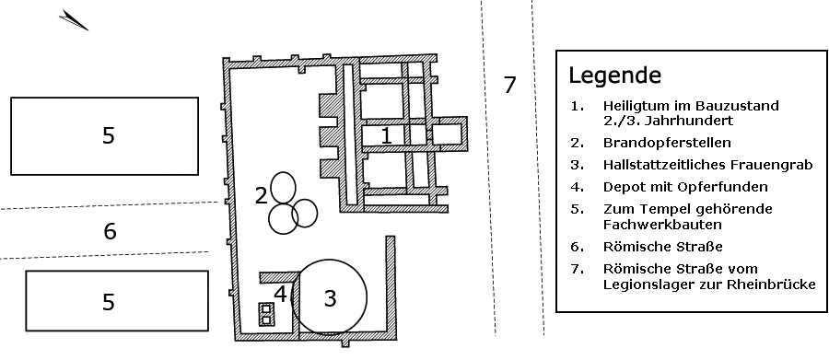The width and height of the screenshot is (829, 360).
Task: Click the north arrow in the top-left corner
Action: point(74,20)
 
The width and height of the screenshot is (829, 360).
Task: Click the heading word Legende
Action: point(615,76)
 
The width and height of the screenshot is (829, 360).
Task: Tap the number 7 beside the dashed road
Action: point(509,85)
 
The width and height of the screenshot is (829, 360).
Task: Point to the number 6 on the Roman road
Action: point(110,231)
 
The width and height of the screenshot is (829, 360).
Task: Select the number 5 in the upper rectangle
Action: point(108,136)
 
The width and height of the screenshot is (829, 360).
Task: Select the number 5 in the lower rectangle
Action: point(108,302)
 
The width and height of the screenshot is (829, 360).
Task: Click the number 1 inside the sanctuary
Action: point(387,135)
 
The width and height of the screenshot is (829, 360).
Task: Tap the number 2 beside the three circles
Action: point(262,195)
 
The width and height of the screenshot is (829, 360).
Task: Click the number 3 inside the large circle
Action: point(330,298)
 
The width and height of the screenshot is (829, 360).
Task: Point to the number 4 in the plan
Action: point(280,294)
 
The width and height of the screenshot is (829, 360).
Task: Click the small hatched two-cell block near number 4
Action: point(266,314)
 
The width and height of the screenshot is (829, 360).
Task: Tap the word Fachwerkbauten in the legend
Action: point(662,225)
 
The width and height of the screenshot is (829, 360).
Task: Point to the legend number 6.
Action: point(577,247)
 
